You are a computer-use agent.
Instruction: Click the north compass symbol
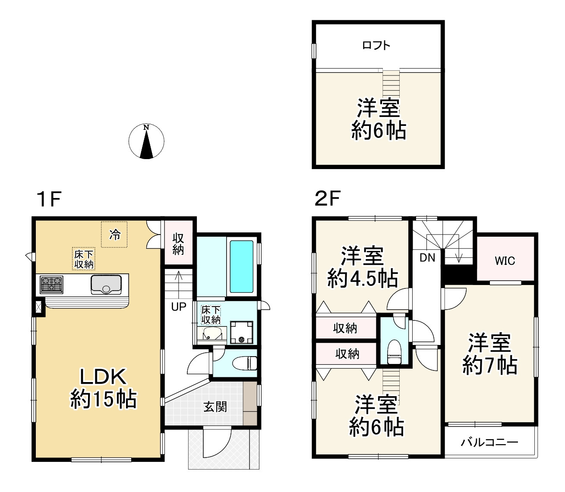point(146,141)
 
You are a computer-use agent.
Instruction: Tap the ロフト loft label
point(376,45)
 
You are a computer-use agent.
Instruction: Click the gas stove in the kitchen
point(51,285)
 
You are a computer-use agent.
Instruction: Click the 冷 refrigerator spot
point(114,235)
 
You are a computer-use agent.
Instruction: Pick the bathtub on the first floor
point(241,266)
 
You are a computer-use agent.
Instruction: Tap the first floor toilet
point(245,363)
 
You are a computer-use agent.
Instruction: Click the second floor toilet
point(394,351)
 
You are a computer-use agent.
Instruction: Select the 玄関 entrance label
point(215,406)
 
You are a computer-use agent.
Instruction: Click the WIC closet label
point(505,261)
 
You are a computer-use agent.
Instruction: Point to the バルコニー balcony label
point(489,442)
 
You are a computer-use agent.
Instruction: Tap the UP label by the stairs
point(179,307)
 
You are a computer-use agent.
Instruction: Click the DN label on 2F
point(427,258)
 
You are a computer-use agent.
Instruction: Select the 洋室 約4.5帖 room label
point(363,267)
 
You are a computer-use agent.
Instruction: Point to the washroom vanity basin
point(211,334)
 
